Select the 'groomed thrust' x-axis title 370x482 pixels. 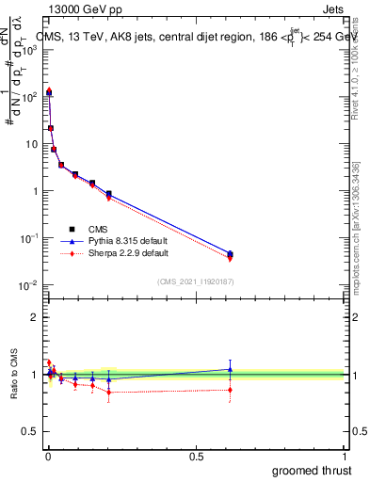coord(313,470)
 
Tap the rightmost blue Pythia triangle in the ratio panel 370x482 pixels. coord(230,369)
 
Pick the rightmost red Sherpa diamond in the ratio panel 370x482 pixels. coord(230,390)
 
